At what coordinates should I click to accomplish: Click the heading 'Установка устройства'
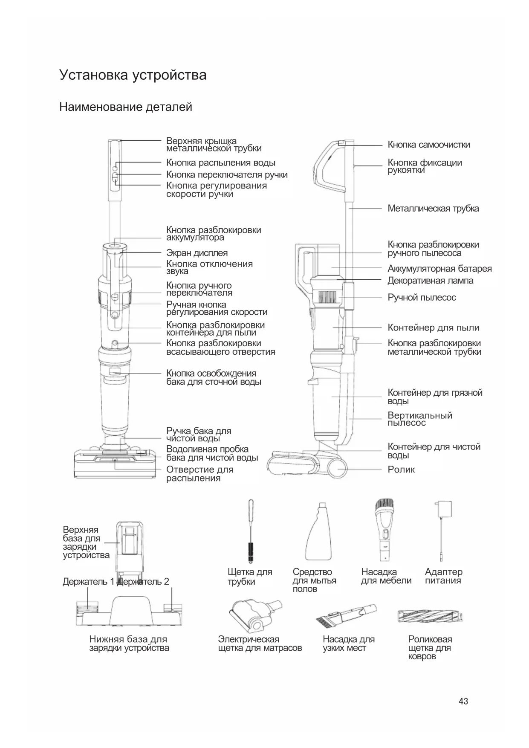coord(133,75)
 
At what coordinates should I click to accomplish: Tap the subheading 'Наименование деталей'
coord(126,107)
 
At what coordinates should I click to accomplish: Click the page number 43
coord(463,701)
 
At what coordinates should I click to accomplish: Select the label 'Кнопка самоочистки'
coord(428,145)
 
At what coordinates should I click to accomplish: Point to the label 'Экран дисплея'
coord(197,253)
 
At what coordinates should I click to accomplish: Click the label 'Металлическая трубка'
coord(433,209)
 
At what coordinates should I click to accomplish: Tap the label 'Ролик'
coord(401,470)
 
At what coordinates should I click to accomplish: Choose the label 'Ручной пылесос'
coord(421,298)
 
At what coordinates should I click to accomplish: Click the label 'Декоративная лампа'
coord(430,281)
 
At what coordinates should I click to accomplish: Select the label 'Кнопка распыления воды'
coord(220,163)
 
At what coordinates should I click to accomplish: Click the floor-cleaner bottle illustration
coord(319,533)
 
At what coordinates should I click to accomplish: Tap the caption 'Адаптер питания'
coord(443,576)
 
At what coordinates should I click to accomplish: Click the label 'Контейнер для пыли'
coord(433,328)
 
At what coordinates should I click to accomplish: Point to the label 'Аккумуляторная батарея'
coord(439,269)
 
